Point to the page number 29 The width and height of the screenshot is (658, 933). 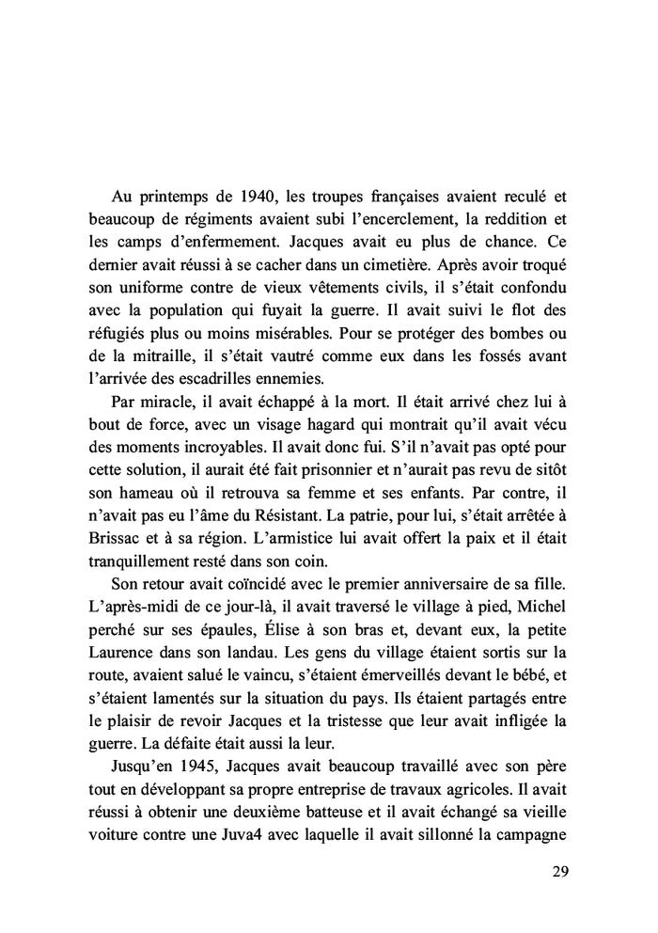[559, 870]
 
